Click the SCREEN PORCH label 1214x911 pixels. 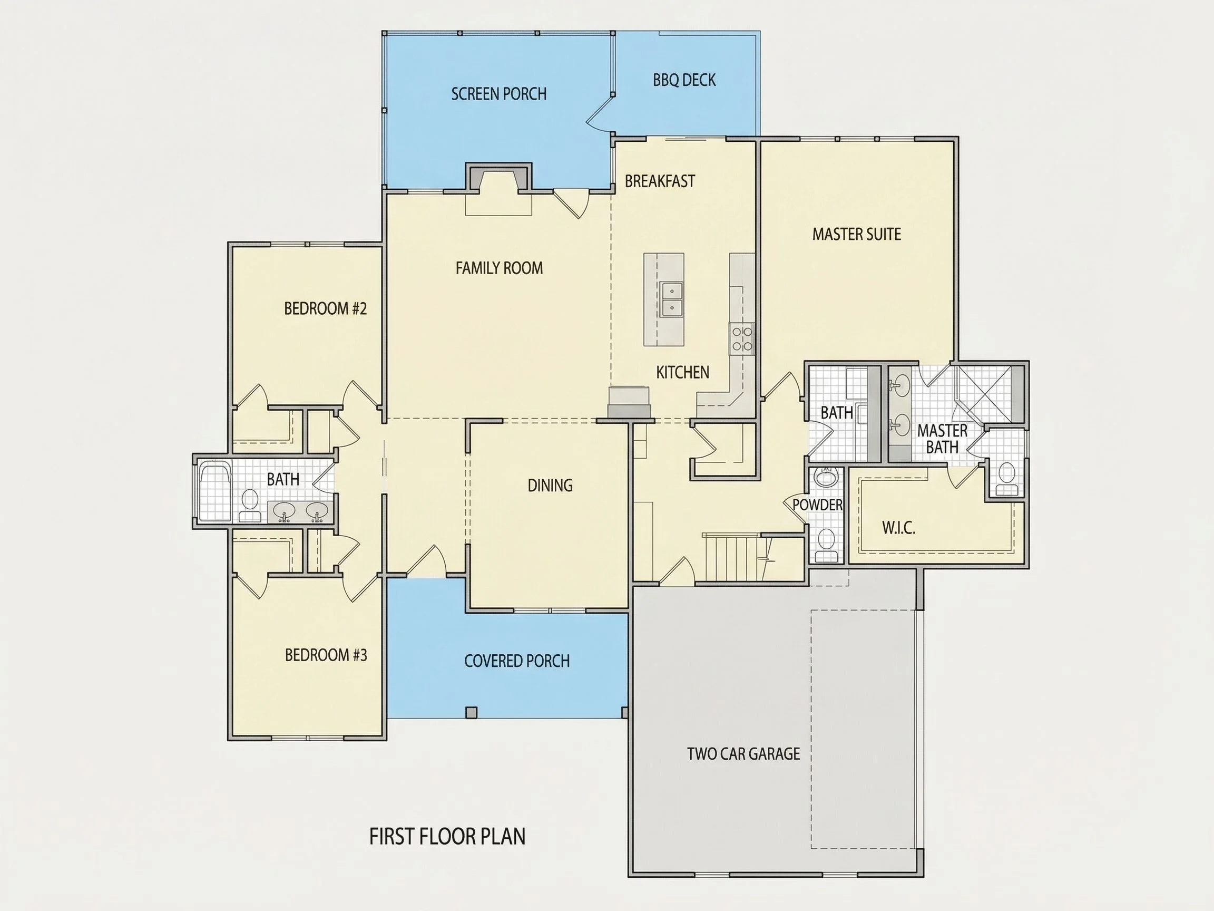point(499,94)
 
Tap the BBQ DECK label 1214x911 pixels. point(684,80)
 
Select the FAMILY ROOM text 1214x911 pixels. point(499,268)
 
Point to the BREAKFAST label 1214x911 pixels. point(660,181)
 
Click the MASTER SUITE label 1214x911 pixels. point(856,235)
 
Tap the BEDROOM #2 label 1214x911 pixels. point(325,308)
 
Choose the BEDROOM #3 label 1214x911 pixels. point(326,655)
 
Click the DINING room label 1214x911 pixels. point(550,486)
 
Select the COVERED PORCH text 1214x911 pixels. point(516,661)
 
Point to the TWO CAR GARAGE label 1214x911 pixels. point(743,754)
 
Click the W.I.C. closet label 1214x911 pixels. point(898,528)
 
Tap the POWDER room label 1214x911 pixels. point(817,505)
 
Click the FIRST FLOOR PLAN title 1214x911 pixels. point(447,836)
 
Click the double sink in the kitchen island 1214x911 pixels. point(671,299)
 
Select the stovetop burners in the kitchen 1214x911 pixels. point(741,338)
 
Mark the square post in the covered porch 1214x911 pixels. point(471,713)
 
